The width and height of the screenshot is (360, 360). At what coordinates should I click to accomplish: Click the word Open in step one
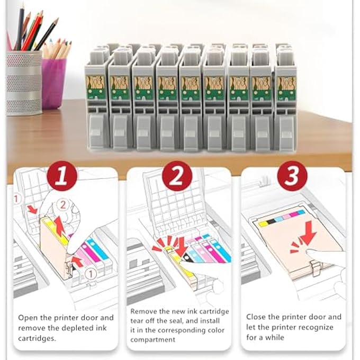tap(29, 318)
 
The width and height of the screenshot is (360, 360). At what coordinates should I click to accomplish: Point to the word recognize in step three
tap(316, 327)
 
